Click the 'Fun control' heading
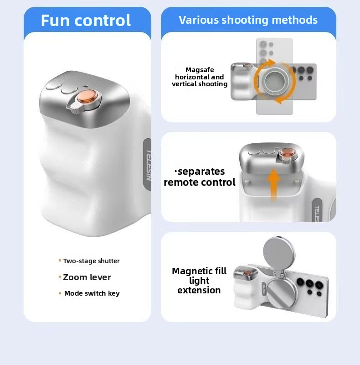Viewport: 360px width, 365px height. (x=86, y=21)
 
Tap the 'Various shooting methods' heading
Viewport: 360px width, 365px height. (x=248, y=20)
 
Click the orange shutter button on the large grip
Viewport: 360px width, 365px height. (x=87, y=97)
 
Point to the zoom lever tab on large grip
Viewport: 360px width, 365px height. (x=74, y=108)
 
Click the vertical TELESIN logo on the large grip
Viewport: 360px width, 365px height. (x=149, y=165)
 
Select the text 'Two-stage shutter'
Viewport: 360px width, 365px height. (x=92, y=261)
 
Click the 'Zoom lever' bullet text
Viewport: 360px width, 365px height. (x=87, y=277)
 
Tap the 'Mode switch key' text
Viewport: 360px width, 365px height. (x=92, y=293)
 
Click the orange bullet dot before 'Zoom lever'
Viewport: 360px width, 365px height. (x=60, y=277)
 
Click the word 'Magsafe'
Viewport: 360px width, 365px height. (x=200, y=70)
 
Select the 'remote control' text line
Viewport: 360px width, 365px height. (x=200, y=182)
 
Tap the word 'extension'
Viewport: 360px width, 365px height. (x=199, y=290)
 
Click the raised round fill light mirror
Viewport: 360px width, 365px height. (x=278, y=253)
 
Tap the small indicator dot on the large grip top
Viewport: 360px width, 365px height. (x=86, y=86)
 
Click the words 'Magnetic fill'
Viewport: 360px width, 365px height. (x=199, y=271)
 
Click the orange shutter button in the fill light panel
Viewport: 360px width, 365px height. (x=248, y=272)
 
